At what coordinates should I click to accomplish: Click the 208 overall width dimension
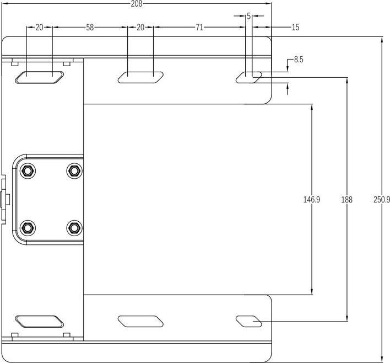tap(137, 4)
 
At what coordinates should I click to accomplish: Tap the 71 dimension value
tap(199, 27)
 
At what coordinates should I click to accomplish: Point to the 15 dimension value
tap(295, 27)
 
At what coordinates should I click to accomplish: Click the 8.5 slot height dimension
tap(299, 60)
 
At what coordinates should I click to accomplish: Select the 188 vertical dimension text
tap(346, 200)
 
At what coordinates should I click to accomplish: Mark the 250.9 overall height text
tap(381, 200)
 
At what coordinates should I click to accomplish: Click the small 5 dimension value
tap(248, 17)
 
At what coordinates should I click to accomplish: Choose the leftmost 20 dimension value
tap(39, 27)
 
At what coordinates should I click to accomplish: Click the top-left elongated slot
tap(39, 78)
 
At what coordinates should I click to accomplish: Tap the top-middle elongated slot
tap(141, 78)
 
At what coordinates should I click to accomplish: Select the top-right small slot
tap(249, 78)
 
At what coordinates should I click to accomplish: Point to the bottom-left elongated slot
tap(39, 321)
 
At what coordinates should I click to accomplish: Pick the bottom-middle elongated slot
tap(141, 321)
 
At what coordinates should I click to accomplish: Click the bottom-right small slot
tap(249, 321)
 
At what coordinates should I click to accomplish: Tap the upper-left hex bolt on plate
tap(28, 170)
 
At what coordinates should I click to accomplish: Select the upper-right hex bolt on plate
tap(73, 170)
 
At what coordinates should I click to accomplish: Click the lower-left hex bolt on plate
tap(28, 227)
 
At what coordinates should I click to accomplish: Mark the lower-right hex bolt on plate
tap(73, 227)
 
